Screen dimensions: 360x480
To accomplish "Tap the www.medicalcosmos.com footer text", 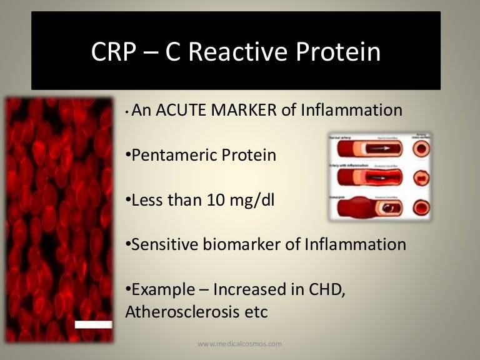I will [239, 343].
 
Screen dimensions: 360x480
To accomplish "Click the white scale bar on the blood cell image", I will [93, 324].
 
